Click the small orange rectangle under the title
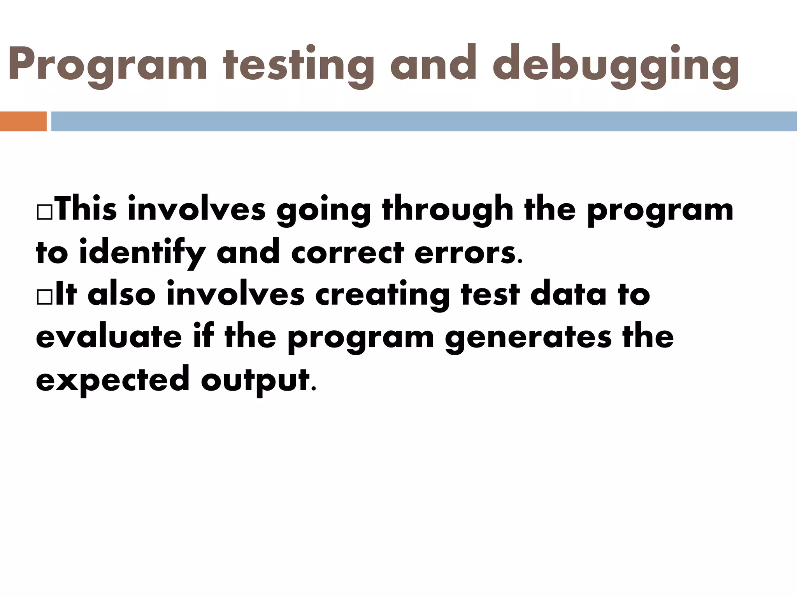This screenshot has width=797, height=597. coord(23,121)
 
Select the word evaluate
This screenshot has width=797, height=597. coord(109,337)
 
